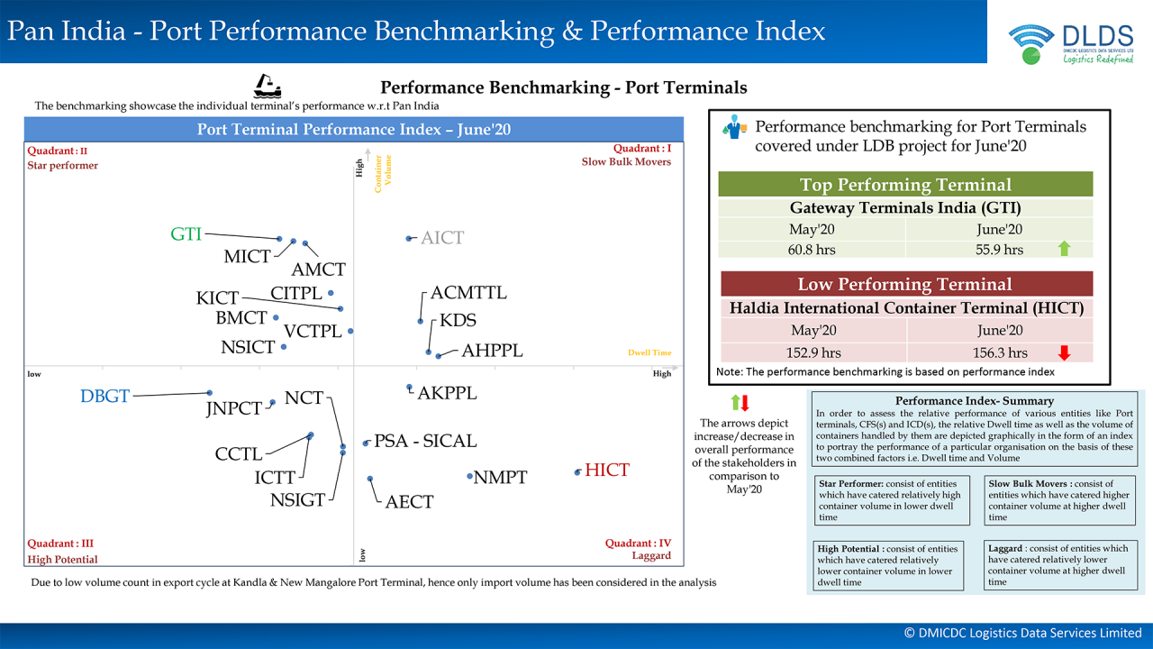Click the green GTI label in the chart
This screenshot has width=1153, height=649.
(x=186, y=234)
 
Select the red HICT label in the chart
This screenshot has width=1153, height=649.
(x=607, y=471)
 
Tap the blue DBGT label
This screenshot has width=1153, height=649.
(x=105, y=397)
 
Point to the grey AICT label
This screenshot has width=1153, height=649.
(x=442, y=238)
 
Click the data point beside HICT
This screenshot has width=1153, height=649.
(x=577, y=471)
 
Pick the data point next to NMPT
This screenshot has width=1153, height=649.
(x=469, y=476)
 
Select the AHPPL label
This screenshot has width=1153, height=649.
(x=492, y=352)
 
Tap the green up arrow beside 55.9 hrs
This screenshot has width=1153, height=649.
(x=1064, y=249)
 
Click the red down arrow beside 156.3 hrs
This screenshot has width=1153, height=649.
(x=1064, y=352)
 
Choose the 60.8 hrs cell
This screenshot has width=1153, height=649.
(x=813, y=250)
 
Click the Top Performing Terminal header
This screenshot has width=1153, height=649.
(x=904, y=185)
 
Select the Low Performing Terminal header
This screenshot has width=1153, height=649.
(x=904, y=285)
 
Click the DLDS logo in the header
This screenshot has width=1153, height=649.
(x=1071, y=44)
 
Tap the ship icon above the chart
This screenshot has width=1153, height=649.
(x=267, y=86)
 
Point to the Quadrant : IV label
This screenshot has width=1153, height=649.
(x=638, y=544)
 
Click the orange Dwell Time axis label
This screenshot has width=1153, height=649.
(x=649, y=352)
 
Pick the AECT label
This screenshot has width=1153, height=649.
(x=409, y=502)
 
